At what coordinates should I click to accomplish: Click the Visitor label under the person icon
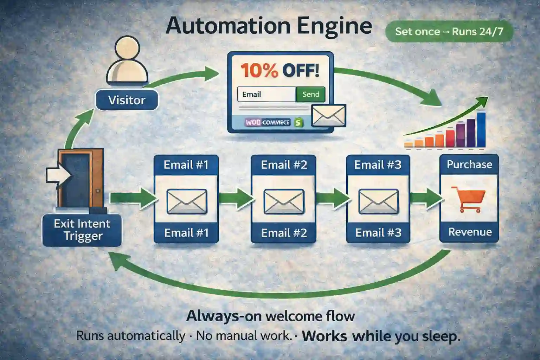pos(127,100)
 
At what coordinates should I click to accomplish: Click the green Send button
pos(310,94)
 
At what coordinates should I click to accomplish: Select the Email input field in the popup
pos(266,94)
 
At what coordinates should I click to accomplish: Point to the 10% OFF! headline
pos(280,70)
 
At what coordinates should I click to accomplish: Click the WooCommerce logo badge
pos(268,122)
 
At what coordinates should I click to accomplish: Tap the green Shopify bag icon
pos(299,122)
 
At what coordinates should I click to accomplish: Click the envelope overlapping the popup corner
pos(329,115)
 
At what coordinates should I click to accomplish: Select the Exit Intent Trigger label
pos(82,230)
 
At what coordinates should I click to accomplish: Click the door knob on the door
pos(98,191)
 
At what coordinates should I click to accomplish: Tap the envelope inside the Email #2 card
pos(284,201)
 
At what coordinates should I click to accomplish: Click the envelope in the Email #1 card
pos(187,201)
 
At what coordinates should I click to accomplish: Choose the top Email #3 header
pos(378,165)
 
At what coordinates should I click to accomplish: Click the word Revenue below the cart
pos(470,232)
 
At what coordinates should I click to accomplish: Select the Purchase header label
pos(469,165)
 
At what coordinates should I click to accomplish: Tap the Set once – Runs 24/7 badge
pos(449,32)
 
